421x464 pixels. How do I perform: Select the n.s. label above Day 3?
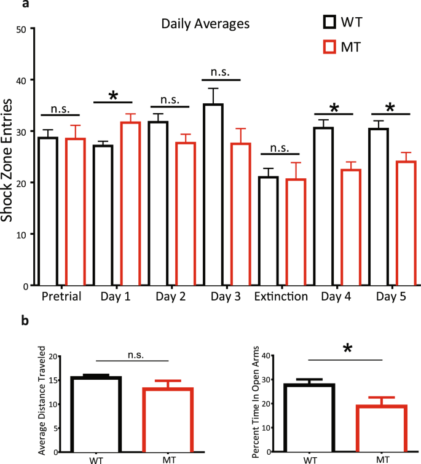click(219, 72)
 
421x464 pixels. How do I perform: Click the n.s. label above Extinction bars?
click(280, 147)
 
